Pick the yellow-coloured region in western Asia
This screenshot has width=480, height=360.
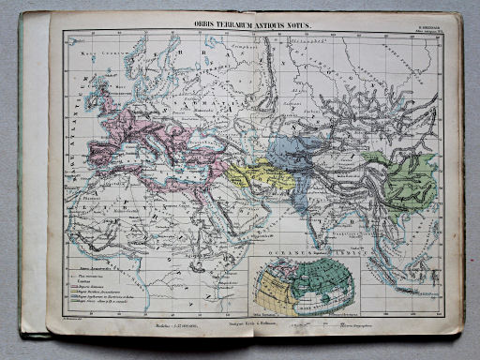coord(253,173)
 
